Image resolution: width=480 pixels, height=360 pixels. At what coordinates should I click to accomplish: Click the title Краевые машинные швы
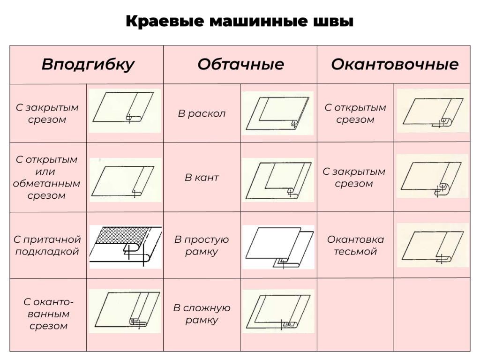240,22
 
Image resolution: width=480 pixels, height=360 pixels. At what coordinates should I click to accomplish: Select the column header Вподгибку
88,65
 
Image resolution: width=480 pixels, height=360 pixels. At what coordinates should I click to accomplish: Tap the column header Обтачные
240,64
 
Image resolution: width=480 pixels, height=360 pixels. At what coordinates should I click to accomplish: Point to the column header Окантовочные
395,64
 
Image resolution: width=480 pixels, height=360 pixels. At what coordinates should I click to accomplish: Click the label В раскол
202,113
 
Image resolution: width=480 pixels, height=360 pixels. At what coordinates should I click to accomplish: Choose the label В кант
202,178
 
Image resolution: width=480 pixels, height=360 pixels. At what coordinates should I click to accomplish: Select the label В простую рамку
202,246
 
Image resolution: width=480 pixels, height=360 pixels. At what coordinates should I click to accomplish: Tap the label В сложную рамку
202,314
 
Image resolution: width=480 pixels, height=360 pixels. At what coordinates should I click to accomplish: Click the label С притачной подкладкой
47,246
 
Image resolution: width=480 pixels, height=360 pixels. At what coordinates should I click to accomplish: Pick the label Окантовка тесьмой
355,246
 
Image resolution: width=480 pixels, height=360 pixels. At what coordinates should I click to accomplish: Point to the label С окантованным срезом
48,314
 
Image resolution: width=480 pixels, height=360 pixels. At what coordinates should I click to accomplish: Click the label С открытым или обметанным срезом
46,178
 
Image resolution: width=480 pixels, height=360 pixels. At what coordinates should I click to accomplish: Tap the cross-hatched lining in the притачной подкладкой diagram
122,235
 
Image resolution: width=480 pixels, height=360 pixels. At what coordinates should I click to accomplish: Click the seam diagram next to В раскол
277,113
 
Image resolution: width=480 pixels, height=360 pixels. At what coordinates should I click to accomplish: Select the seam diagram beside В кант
278,180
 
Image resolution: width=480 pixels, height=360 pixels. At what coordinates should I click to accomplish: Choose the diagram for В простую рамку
278,247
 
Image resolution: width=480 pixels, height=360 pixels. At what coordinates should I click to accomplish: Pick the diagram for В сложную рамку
278,311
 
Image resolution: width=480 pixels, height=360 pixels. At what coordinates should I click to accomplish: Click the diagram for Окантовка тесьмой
433,245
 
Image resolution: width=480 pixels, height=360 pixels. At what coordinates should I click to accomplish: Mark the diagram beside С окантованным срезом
125,311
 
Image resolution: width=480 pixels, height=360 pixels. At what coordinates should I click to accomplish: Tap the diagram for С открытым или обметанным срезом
125,180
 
